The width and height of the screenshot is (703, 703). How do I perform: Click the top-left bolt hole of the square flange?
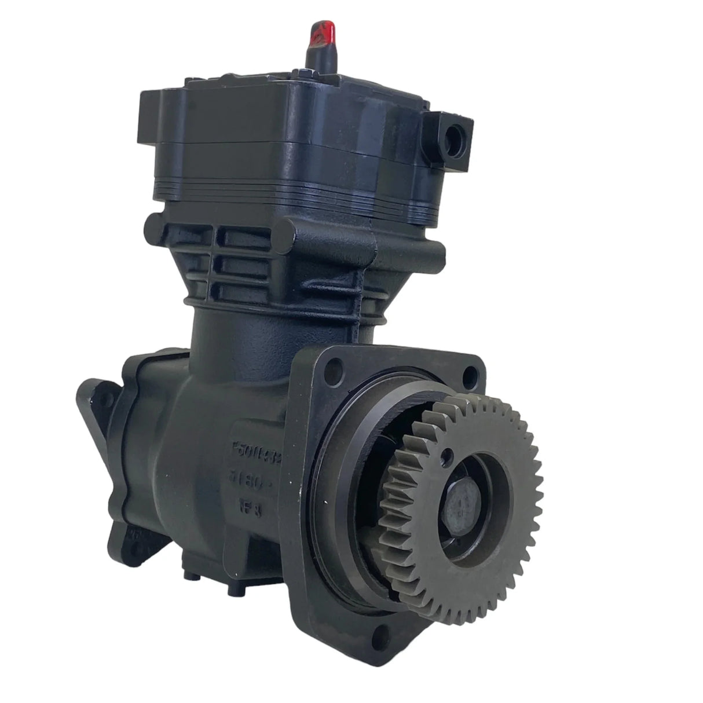[332, 367]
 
